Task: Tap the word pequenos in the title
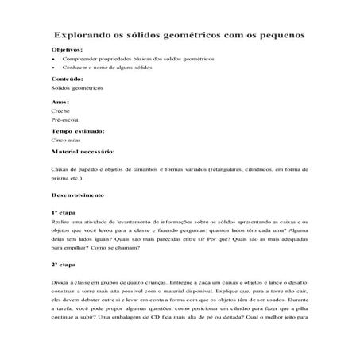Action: [277, 36]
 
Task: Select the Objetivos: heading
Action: [67, 50]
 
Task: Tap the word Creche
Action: [60, 112]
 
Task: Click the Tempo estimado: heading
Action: [77, 130]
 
